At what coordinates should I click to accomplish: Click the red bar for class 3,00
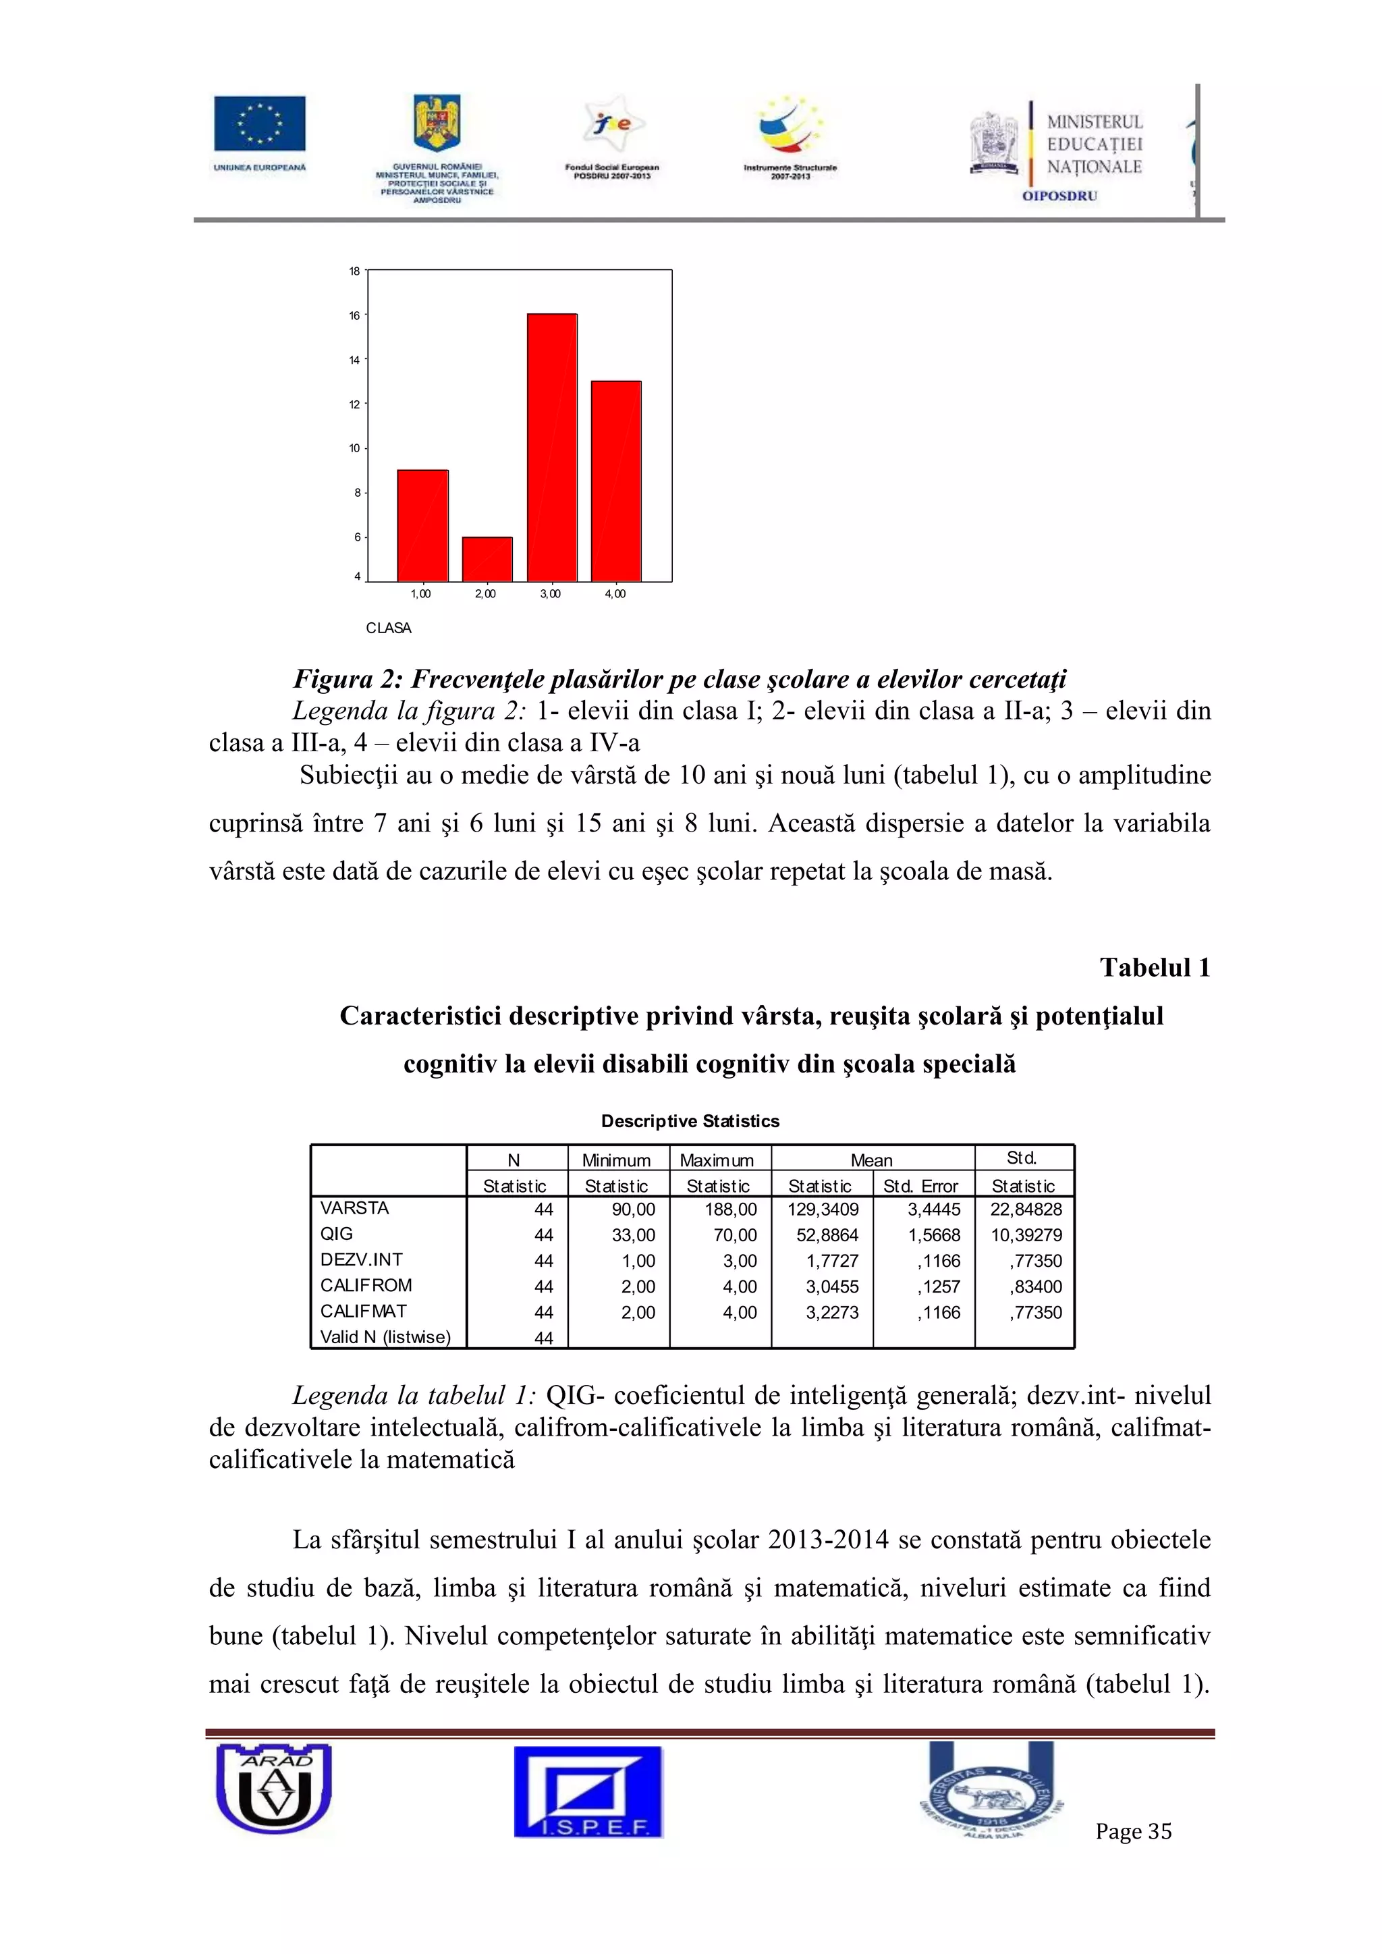pyautogui.click(x=551, y=447)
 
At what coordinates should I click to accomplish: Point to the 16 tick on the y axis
pyautogui.click(x=354, y=315)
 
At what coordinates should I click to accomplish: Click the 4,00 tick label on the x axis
pyautogui.click(x=615, y=594)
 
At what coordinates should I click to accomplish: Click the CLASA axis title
pyautogui.click(x=388, y=628)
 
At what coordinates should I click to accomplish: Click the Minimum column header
pyautogui.click(x=616, y=1160)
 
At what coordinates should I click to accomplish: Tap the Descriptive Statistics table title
pyautogui.click(x=690, y=1121)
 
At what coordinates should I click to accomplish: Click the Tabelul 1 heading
pyautogui.click(x=1154, y=968)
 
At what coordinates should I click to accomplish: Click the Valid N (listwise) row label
pyautogui.click(x=385, y=1337)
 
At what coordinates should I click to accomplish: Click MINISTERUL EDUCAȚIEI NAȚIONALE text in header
pyautogui.click(x=1095, y=144)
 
